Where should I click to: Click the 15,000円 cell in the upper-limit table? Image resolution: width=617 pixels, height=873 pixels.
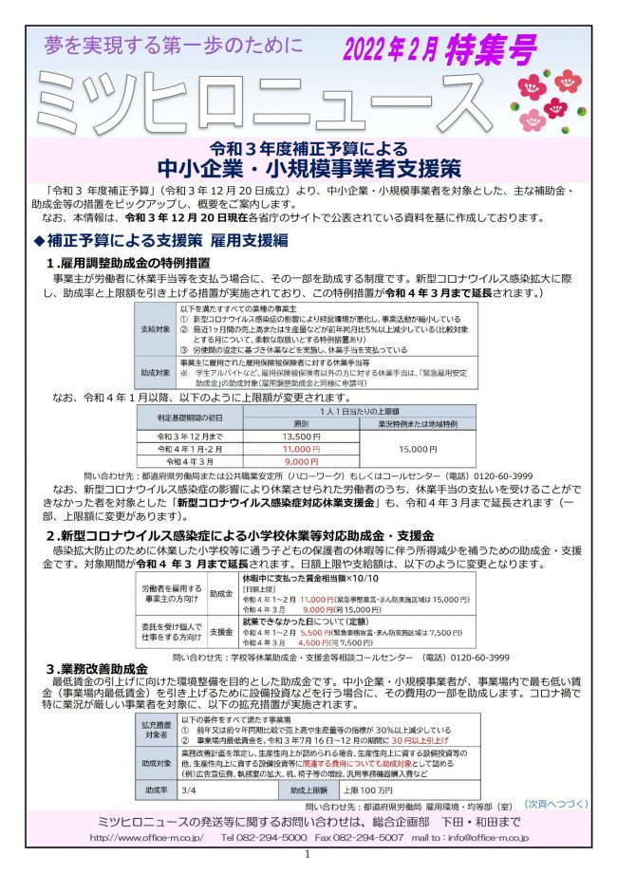419,449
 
